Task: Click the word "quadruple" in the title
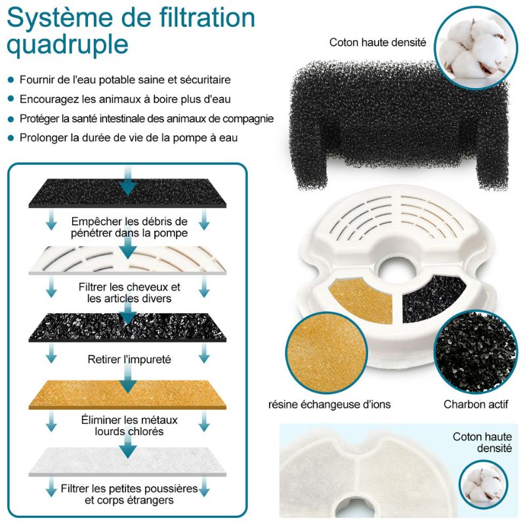(x=68, y=45)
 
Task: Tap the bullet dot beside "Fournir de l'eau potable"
(x=11, y=79)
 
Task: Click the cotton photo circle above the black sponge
(x=476, y=48)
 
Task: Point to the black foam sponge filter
(x=398, y=124)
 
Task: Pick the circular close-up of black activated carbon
(x=476, y=352)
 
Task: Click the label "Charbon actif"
(x=476, y=404)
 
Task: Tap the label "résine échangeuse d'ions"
(x=329, y=404)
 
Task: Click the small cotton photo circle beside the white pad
(x=483, y=484)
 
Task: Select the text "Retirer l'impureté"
(x=129, y=360)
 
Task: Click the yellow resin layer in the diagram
(x=127, y=395)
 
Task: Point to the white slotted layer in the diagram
(x=127, y=261)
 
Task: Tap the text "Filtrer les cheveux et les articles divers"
(x=129, y=293)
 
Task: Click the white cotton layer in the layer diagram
(x=127, y=461)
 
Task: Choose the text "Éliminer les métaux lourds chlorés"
(x=129, y=425)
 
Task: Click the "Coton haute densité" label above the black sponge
(x=378, y=43)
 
